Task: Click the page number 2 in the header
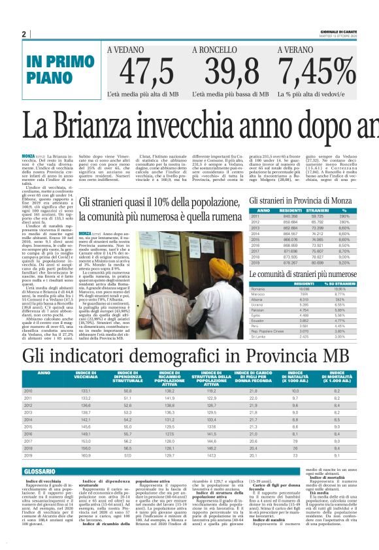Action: tap(24, 34)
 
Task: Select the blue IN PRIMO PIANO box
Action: tap(58, 69)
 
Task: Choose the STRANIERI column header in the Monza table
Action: tap(317, 210)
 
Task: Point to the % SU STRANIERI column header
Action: tap(353, 283)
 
